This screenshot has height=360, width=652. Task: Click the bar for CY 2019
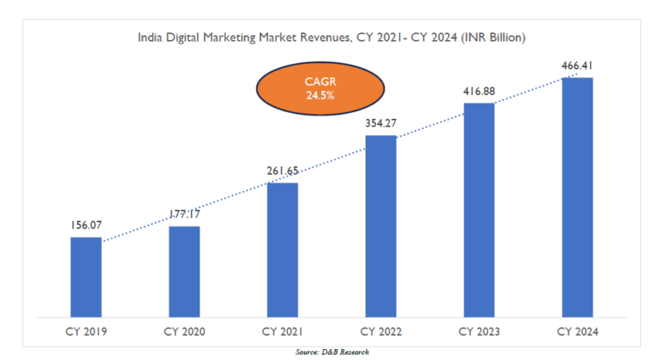86,276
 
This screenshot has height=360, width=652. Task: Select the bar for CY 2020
184,271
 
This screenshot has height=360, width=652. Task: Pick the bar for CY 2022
380,225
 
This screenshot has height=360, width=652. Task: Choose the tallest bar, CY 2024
577,196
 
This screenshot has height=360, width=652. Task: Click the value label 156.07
86,227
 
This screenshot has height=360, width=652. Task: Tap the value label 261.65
283,172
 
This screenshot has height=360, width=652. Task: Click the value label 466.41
577,65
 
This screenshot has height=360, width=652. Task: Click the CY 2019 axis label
86,330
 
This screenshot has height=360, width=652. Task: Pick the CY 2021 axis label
283,330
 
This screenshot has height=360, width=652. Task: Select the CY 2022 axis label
380,330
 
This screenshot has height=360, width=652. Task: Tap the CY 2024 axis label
577,330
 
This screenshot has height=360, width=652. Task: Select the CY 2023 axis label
479,330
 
